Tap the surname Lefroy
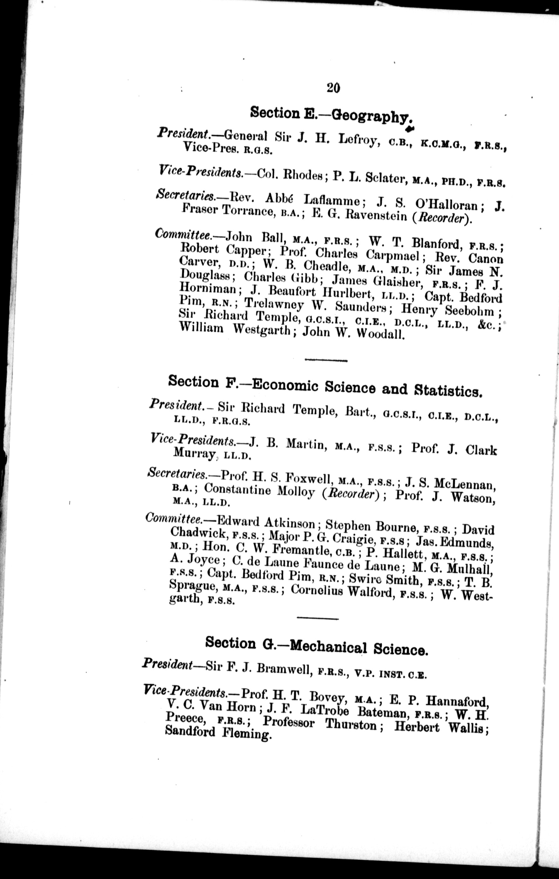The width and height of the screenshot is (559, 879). tap(357, 141)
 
